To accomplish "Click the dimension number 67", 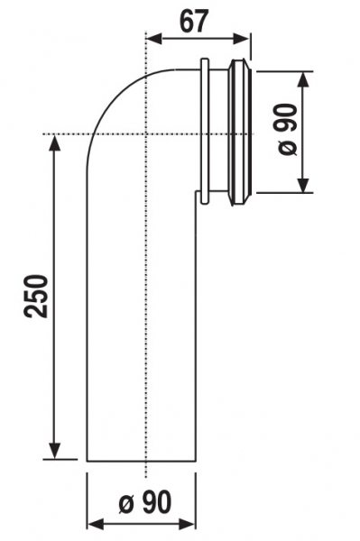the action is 194,21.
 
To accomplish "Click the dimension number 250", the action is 35,296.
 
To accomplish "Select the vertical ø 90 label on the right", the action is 287,129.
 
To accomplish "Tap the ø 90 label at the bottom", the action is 145,502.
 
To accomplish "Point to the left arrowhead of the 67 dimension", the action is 154,38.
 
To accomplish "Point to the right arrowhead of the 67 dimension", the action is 241,38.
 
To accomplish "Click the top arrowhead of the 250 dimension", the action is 54,142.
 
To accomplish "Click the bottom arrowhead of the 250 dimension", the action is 54,451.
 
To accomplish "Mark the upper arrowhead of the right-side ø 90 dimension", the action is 303,79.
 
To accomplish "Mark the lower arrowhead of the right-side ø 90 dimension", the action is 303,185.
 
